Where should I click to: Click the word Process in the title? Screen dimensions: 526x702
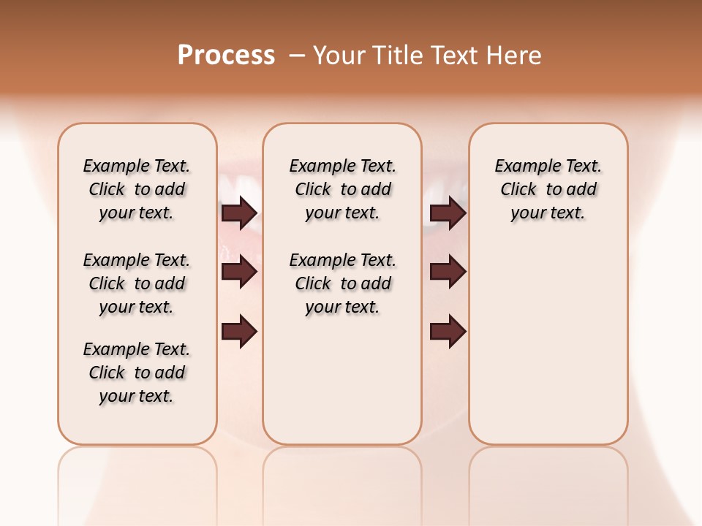(x=226, y=55)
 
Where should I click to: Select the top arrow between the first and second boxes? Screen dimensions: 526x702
(x=239, y=213)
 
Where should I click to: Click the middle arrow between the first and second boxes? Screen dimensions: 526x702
(x=239, y=272)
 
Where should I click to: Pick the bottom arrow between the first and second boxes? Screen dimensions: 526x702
(x=239, y=332)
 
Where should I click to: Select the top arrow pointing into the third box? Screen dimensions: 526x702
(x=448, y=213)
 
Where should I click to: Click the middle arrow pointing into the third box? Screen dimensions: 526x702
(x=448, y=272)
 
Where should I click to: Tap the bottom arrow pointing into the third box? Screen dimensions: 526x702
(x=448, y=332)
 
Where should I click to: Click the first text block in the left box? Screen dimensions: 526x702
(x=137, y=189)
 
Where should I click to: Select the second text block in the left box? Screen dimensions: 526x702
(x=137, y=283)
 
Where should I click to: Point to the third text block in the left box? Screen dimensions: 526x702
(x=137, y=373)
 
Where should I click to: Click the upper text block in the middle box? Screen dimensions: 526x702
(x=342, y=189)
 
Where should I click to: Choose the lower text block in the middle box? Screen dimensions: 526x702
(x=342, y=283)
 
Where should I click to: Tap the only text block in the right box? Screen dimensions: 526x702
(x=548, y=189)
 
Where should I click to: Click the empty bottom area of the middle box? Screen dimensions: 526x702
(x=342, y=387)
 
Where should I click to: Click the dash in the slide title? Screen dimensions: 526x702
(x=297, y=54)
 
